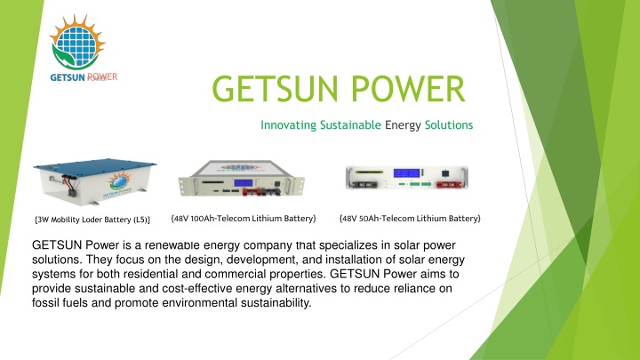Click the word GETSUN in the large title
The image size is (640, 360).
[276, 89]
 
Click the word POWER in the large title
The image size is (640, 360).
[408, 89]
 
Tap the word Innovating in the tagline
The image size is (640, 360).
[289, 125]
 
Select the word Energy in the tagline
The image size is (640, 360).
[403, 125]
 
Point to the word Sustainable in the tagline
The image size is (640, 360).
[350, 125]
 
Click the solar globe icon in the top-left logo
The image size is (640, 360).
[77, 42]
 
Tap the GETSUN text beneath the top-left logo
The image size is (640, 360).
[68, 77]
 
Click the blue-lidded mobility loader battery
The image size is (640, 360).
[95, 181]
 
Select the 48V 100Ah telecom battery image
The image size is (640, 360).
[242, 178]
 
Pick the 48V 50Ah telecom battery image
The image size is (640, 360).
[407, 178]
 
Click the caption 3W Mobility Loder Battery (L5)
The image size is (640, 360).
[92, 220]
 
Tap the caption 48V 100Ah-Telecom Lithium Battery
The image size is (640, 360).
[244, 219]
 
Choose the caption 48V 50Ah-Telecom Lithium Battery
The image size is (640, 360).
[410, 219]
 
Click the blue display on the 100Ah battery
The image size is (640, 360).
[244, 182]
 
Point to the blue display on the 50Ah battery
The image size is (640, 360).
[406, 172]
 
